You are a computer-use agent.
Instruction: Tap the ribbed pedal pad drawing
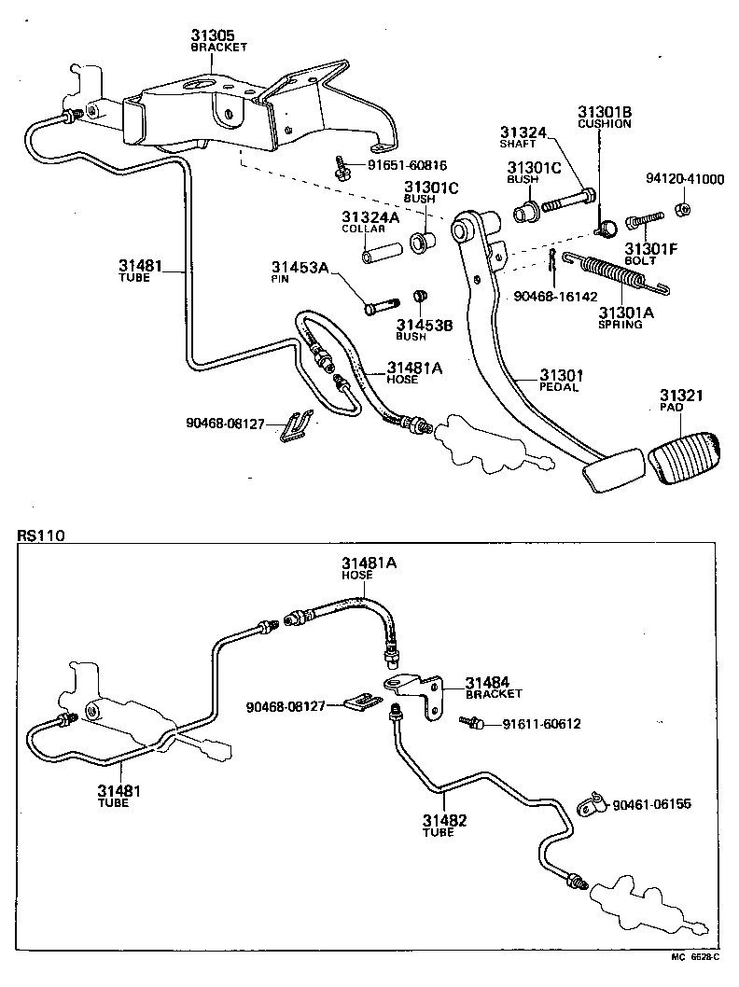[x=685, y=461]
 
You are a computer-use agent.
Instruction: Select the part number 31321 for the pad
[x=684, y=396]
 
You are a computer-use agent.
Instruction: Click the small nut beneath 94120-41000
[x=683, y=208]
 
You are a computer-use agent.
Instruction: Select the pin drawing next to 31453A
[x=380, y=306]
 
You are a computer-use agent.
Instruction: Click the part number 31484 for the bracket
[x=487, y=682]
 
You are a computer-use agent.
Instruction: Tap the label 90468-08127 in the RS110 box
[x=286, y=706]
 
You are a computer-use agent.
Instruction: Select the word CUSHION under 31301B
[x=604, y=123]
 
